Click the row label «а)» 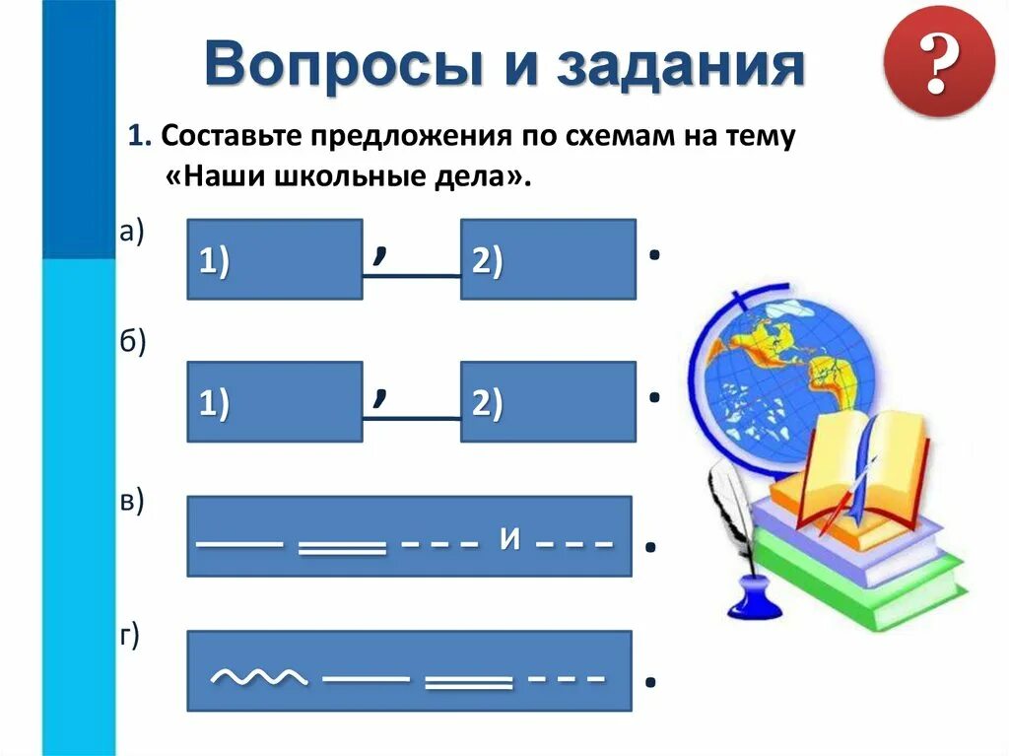tap(131, 232)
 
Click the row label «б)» tap(132, 342)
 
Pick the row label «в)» tap(132, 502)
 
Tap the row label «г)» tap(130, 636)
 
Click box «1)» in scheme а tap(274, 259)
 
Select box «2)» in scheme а tap(548, 259)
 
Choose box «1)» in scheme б tap(274, 401)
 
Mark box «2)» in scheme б tap(548, 401)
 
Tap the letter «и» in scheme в tap(509, 539)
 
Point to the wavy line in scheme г tap(259, 677)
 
